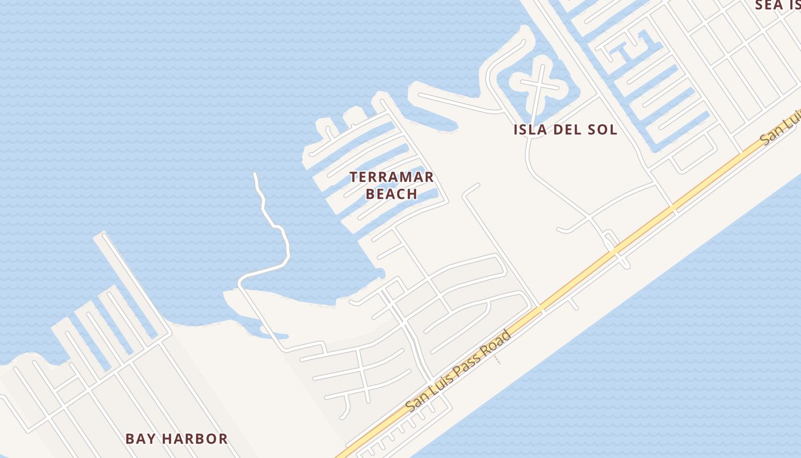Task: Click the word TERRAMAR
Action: click(392, 177)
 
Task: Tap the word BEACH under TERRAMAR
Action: click(392, 194)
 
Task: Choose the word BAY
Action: click(140, 439)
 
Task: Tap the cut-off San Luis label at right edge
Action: click(779, 132)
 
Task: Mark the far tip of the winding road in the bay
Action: click(255, 173)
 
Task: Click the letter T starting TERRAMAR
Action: click(354, 177)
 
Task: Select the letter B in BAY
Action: click(130, 439)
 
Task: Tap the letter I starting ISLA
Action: click(516, 129)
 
